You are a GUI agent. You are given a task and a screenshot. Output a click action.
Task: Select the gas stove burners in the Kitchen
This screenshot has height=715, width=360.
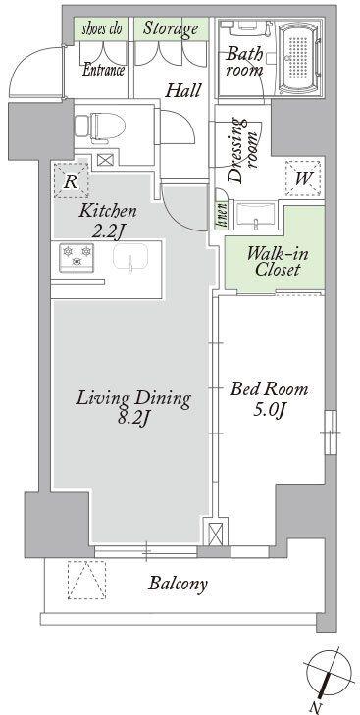(77, 257)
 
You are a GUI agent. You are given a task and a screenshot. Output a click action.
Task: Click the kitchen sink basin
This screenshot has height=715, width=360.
(130, 257)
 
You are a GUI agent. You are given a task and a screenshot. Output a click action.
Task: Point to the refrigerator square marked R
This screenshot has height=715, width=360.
(71, 181)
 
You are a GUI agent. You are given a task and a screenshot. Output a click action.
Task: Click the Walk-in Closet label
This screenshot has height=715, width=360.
(278, 261)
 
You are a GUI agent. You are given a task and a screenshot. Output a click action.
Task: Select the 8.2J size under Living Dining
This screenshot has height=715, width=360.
(131, 418)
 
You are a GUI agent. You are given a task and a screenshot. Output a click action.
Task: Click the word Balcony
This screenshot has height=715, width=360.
(178, 584)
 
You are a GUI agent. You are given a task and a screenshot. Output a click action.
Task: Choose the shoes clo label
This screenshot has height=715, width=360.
(102, 29)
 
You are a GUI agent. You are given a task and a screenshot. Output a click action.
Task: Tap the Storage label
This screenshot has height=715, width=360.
(171, 28)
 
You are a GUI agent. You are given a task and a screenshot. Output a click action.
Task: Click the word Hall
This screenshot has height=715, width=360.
(182, 90)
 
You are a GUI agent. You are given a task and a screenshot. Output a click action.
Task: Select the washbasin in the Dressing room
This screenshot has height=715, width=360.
(256, 215)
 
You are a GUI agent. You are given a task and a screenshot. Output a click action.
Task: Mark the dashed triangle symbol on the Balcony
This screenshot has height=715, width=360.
(86, 579)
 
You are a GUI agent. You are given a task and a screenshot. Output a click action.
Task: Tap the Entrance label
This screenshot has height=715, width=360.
(104, 71)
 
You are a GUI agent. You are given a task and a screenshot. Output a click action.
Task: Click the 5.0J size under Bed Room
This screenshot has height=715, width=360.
(269, 410)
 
